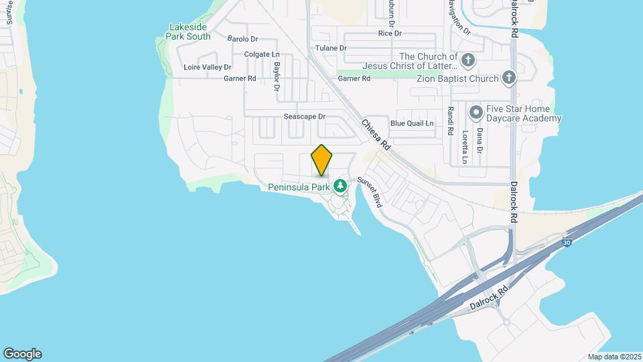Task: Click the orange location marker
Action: coord(321,160)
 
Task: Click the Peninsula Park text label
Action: coord(299,187)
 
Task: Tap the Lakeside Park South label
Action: coord(190,32)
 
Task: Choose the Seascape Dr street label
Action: coord(304,116)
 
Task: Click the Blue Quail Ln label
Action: coord(412,123)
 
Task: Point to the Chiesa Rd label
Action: coord(376,134)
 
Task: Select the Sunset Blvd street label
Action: coord(369,191)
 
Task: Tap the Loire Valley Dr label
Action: coord(207,67)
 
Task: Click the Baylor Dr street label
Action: coord(277,76)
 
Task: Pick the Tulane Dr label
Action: coord(331,48)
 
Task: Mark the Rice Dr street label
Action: coord(389,33)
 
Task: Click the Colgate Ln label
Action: coord(261,54)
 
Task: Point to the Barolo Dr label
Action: coord(242,39)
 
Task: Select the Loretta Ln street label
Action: coord(463,147)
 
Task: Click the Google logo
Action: coord(22,354)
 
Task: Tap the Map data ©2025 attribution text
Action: coord(614,357)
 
